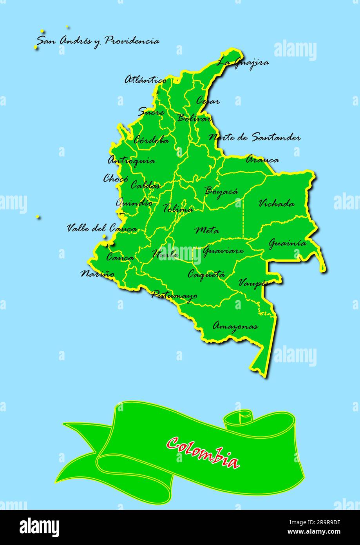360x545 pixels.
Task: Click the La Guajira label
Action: (243, 62)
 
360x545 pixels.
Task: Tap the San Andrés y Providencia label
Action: (98, 41)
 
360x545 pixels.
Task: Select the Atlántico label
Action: (145, 80)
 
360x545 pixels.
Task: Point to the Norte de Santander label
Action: (255, 138)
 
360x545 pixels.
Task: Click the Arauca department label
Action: (262, 160)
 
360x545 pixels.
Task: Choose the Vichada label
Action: (277, 203)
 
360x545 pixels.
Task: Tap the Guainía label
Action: (287, 243)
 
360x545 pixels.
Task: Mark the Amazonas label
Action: (235, 326)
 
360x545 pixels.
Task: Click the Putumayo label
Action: (174, 295)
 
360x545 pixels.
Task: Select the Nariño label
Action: (98, 274)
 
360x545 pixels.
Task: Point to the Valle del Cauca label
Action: (102, 229)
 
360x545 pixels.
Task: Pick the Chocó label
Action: (116, 179)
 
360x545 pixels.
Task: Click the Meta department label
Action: (207, 230)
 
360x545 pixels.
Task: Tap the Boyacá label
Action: (221, 191)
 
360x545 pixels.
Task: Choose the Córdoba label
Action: (151, 140)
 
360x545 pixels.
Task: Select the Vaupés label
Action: (253, 283)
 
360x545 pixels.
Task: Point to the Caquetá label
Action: (206, 274)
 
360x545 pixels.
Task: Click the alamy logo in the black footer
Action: (39, 527)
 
